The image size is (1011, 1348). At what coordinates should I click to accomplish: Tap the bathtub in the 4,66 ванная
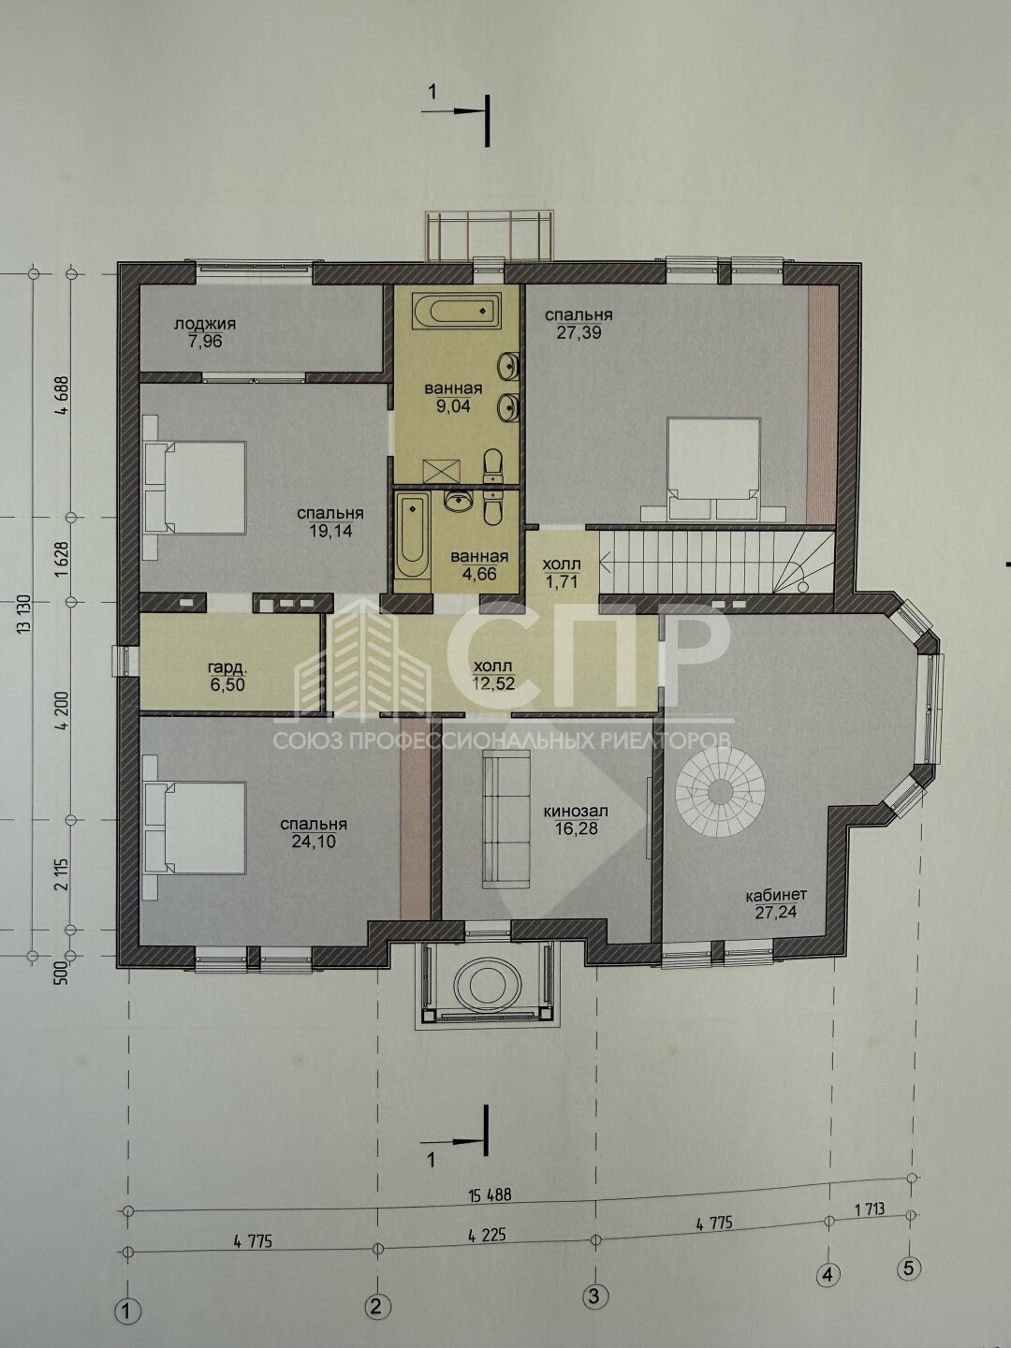pyautogui.click(x=411, y=539)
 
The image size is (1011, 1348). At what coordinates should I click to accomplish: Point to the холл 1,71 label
pyautogui.click(x=562, y=572)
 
